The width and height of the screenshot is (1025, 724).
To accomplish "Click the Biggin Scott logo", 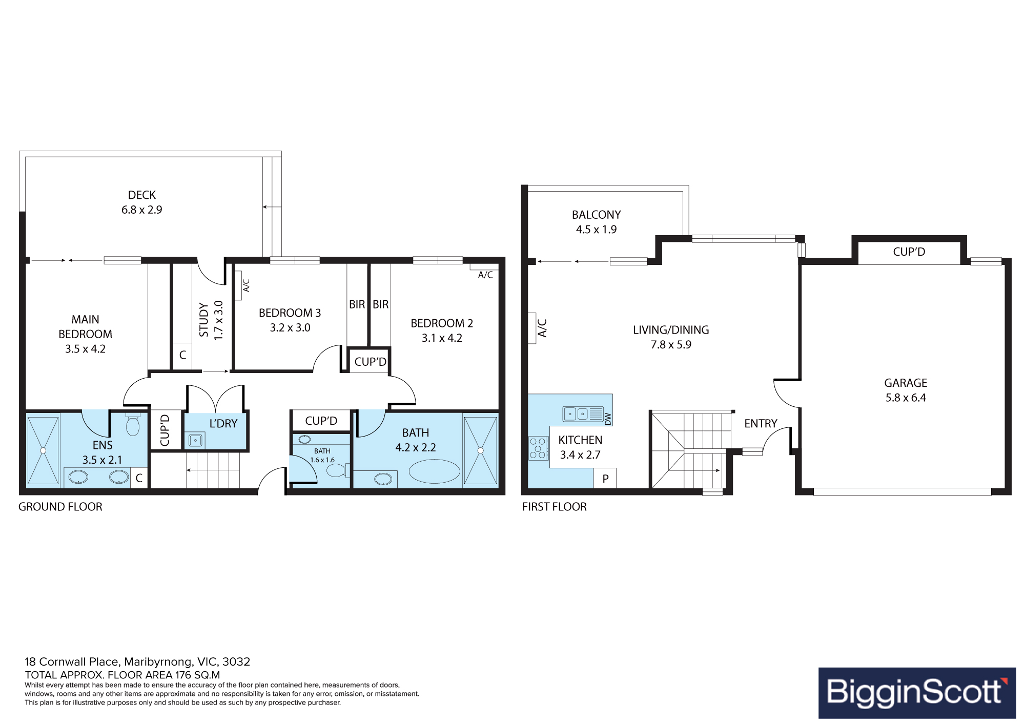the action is (917, 693).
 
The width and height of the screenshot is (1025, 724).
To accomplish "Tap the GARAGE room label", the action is (906, 383).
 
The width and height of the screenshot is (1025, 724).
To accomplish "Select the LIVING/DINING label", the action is (671, 330).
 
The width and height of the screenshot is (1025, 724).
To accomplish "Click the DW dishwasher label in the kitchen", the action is (608, 419).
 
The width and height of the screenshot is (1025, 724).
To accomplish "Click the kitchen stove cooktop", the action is (538, 448).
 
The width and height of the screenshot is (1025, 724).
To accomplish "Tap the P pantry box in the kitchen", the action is (605, 479).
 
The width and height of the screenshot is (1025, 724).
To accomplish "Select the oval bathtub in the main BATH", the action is (435, 471).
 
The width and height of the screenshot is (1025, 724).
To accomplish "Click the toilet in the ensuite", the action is (133, 424).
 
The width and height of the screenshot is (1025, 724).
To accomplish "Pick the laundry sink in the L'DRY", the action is (195, 440).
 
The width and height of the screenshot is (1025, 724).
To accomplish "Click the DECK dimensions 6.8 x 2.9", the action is (142, 210).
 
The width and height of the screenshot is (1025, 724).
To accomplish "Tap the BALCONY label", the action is (597, 215).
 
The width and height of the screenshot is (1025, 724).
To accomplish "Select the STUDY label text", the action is (204, 320).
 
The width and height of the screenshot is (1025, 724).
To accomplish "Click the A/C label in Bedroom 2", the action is (485, 275).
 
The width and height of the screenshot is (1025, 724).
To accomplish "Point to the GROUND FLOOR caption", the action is (60, 507).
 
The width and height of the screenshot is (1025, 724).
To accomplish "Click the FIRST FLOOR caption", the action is (555, 507).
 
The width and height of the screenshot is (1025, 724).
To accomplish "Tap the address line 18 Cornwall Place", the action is (137, 661).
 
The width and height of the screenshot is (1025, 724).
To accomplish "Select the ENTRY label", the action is (761, 424).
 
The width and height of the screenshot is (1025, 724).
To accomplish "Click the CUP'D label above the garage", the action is (909, 252).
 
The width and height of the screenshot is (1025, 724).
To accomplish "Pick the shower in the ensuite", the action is (43, 450).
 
